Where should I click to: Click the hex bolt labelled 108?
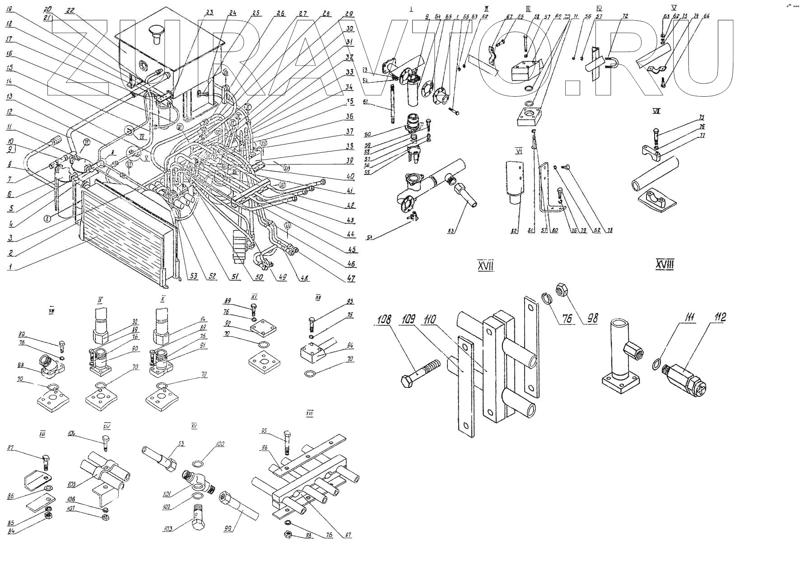(x=420, y=373)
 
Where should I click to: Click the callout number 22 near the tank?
(x=70, y=11)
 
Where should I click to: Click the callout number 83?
(x=451, y=231)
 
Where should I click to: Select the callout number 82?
(x=513, y=231)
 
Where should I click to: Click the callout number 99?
(x=231, y=527)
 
